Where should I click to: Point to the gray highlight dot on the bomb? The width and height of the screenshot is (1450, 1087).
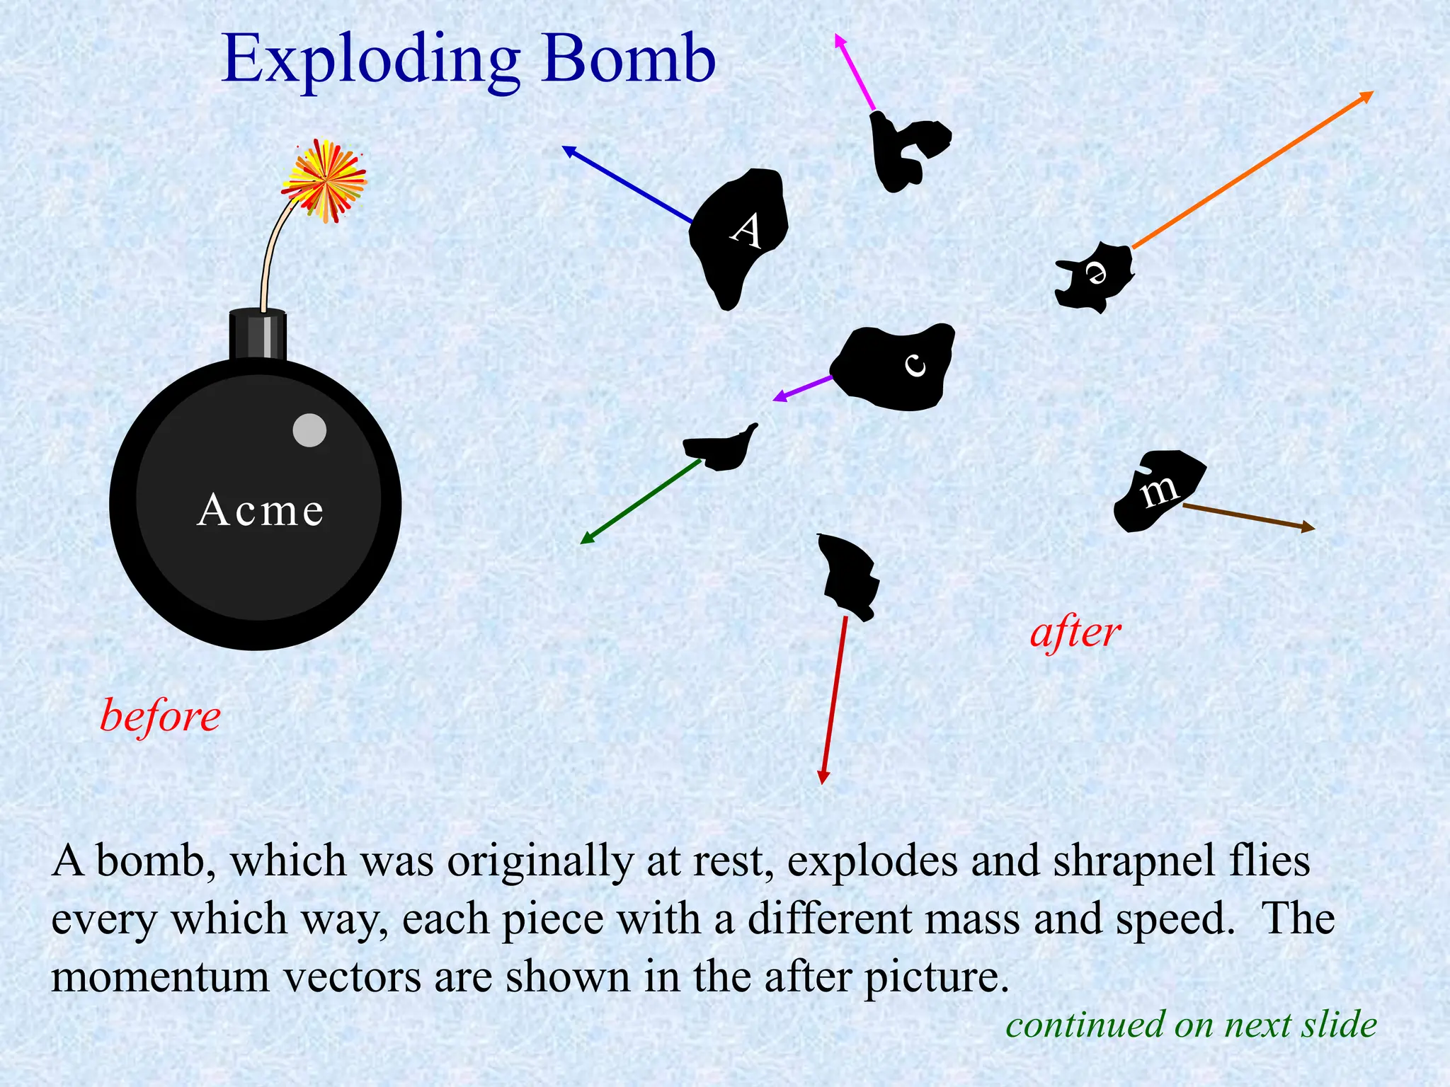click(x=309, y=430)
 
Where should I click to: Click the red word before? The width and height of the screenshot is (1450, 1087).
click(x=160, y=716)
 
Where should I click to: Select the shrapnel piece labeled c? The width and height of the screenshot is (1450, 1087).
click(x=896, y=367)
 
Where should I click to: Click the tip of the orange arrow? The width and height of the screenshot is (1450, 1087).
click(x=1371, y=93)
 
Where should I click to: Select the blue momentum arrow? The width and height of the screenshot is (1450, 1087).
click(x=627, y=184)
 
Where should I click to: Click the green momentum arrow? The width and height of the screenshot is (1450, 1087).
click(x=640, y=502)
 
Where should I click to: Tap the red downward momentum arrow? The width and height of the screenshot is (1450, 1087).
click(x=834, y=701)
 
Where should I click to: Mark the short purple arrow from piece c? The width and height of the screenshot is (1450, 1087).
click(x=803, y=389)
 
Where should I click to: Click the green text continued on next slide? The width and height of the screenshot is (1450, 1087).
click(x=1191, y=1025)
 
